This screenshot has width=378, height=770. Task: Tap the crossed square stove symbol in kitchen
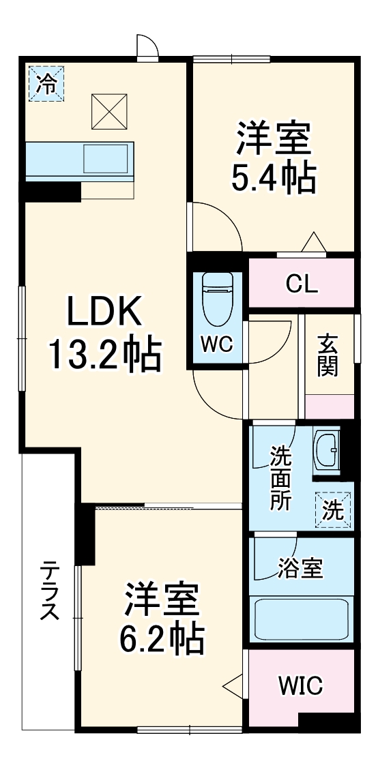click(108, 111)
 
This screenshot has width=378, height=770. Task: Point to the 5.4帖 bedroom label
click(275, 158)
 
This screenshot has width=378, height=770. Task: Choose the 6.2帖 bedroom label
click(162, 619)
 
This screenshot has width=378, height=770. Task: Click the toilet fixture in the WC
click(218, 299)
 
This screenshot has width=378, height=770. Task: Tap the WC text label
click(217, 345)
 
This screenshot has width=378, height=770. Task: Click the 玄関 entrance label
click(328, 355)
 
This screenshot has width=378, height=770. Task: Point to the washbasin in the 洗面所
click(327, 451)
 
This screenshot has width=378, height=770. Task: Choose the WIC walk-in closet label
click(301, 685)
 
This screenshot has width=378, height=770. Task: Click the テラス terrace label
click(48, 591)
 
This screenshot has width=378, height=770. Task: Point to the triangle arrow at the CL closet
click(313, 241)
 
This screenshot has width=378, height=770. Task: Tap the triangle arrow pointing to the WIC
click(233, 684)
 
